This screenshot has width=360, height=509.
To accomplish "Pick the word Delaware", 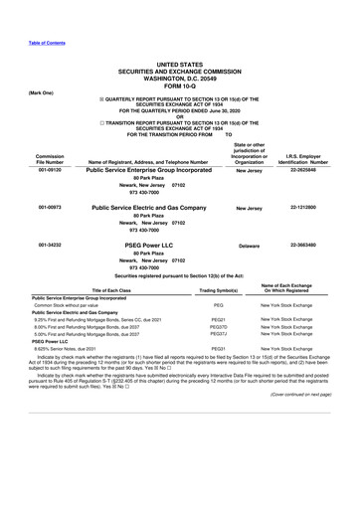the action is tap(249, 244).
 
